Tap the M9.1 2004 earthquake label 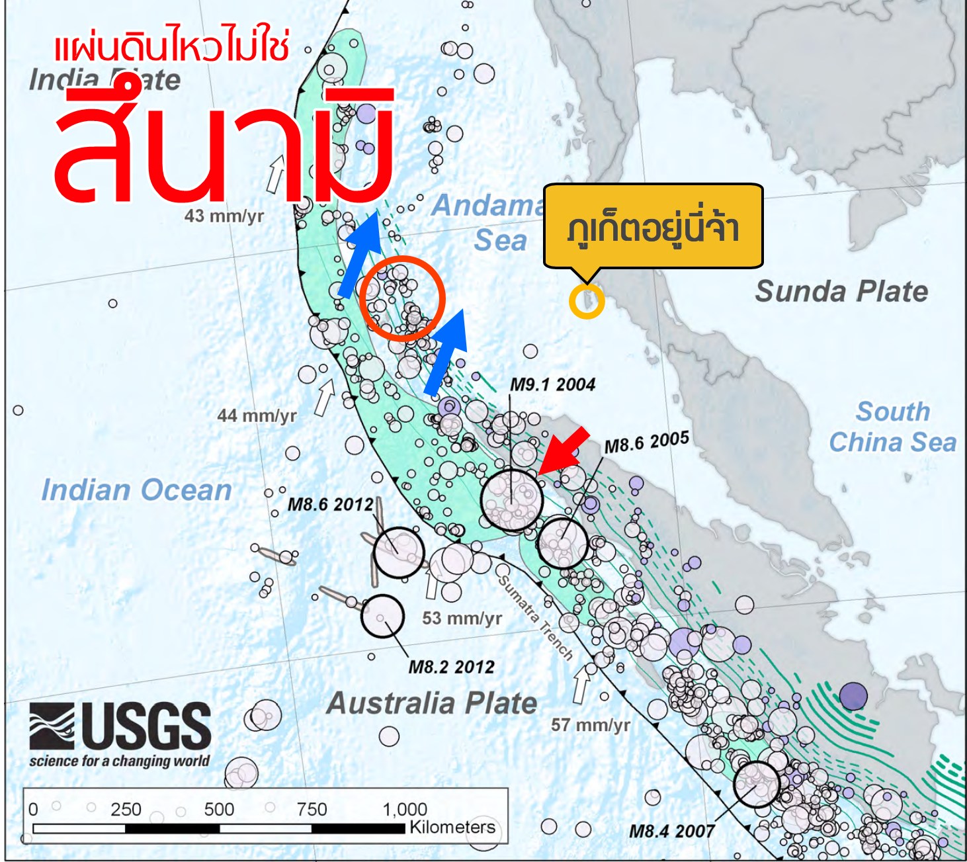(x=552, y=384)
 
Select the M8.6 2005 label (x=646, y=442)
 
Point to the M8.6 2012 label (x=330, y=504)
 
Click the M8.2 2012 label (x=451, y=666)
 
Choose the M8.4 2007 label (x=671, y=831)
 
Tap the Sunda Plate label (x=841, y=291)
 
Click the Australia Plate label (x=432, y=703)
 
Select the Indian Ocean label (x=136, y=490)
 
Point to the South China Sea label (x=893, y=427)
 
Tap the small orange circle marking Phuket (x=587, y=301)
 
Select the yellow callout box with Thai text (x=653, y=226)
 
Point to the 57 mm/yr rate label (x=590, y=725)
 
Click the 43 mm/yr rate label (x=224, y=216)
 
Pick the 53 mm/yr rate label (x=462, y=618)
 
